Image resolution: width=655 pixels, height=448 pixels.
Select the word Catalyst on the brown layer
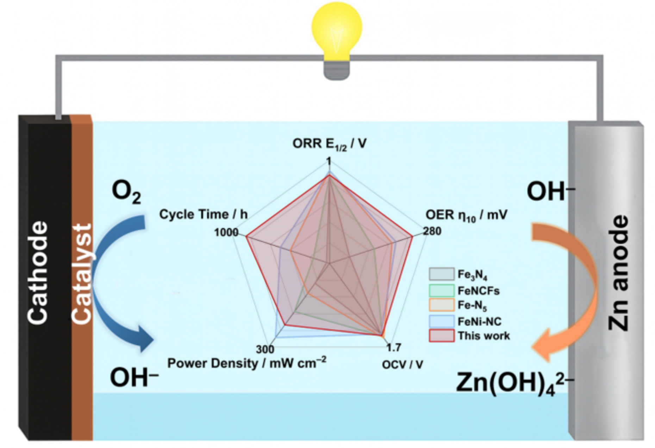click(82, 273)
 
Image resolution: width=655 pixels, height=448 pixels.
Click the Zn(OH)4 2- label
click(515, 383)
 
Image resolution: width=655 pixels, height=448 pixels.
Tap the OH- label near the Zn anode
click(550, 192)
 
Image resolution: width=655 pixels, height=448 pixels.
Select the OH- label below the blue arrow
click(134, 377)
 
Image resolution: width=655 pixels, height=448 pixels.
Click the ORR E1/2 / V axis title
click(329, 144)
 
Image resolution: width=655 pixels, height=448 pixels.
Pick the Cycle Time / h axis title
click(203, 214)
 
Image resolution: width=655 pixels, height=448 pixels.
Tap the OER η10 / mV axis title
click(466, 215)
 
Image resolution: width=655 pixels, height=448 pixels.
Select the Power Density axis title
click(247, 363)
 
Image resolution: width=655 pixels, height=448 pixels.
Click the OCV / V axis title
click(403, 365)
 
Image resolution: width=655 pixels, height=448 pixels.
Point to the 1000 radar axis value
click(226, 232)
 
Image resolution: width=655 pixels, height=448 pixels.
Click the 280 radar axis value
click(432, 231)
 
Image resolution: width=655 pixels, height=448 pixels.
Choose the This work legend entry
click(469, 335)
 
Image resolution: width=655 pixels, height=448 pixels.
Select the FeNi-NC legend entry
click(465, 321)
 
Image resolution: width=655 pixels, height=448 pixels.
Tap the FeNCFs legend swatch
click(442, 290)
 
